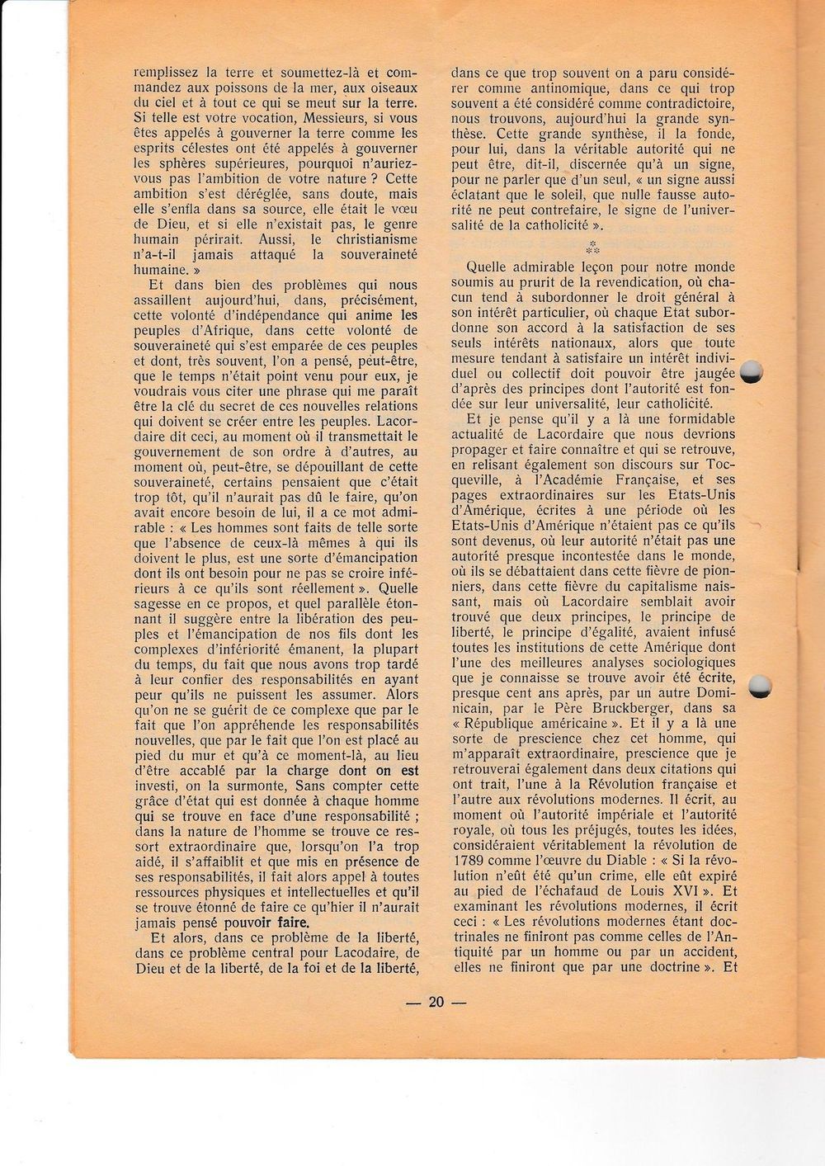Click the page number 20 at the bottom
click(x=436, y=1002)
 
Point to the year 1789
click(x=470, y=860)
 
